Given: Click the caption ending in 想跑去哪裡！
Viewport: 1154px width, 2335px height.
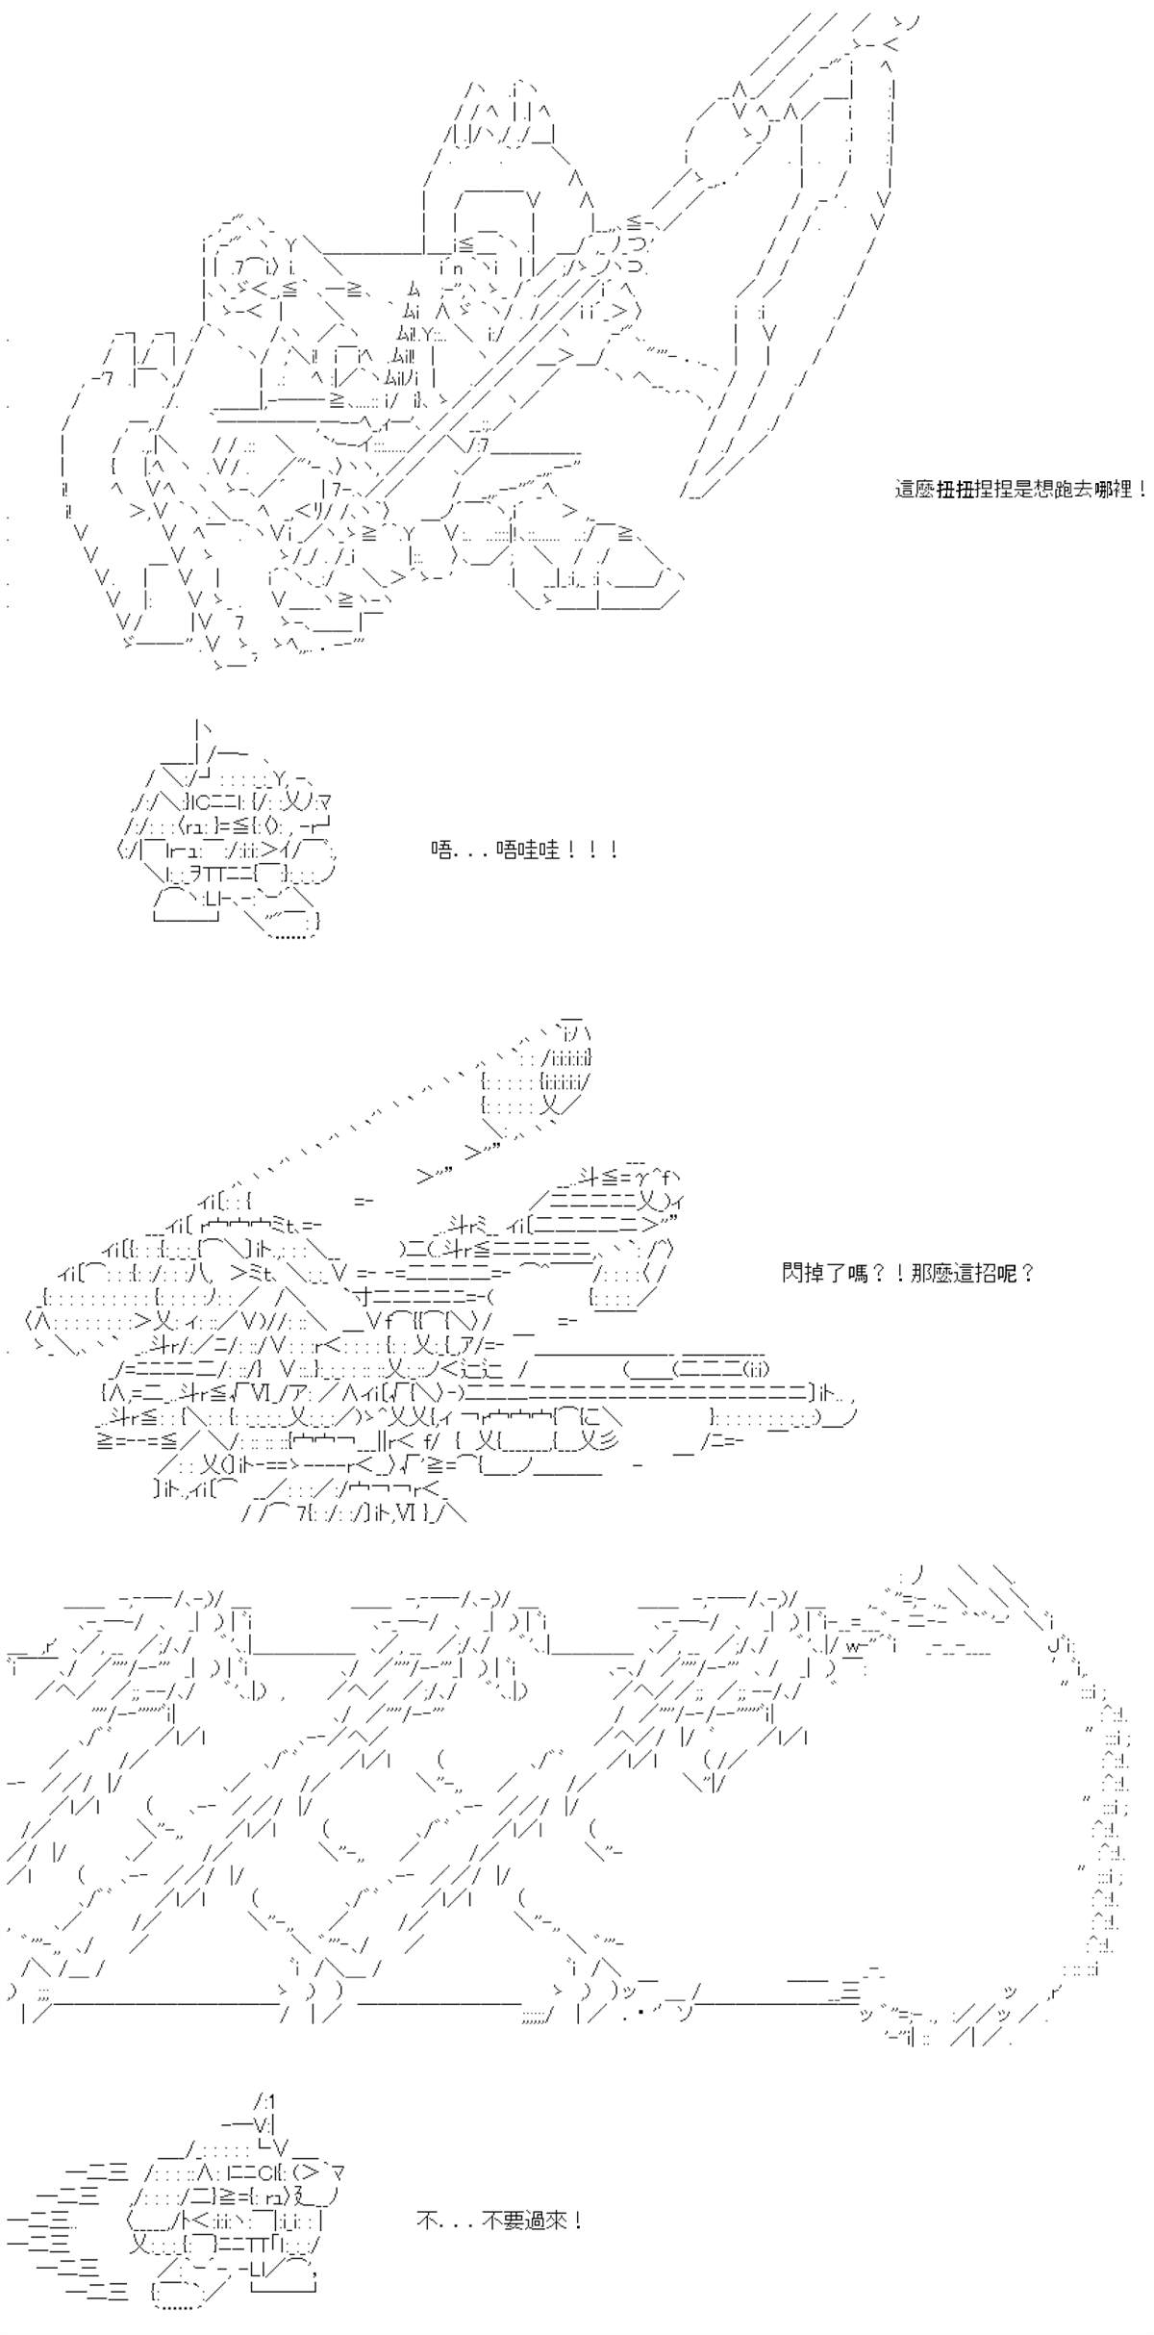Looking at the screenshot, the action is coord(1020,490).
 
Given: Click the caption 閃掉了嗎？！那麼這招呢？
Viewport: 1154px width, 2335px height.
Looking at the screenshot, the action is coord(909,1274).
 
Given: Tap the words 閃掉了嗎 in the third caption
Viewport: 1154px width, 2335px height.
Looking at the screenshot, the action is coord(822,1274).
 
